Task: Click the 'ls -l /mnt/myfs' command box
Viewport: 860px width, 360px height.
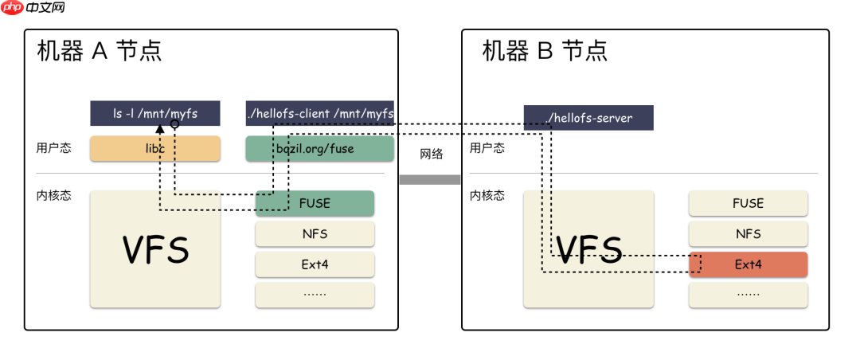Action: (154, 114)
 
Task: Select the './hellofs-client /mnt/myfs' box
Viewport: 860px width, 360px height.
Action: (320, 114)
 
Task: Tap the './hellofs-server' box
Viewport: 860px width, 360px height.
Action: (588, 118)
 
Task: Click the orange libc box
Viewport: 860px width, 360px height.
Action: (154, 148)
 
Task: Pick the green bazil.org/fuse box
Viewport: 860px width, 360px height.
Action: (320, 148)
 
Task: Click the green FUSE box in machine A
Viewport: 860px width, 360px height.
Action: (315, 203)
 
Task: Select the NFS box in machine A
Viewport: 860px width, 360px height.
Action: (315, 234)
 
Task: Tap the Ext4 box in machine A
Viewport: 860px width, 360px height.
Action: (315, 264)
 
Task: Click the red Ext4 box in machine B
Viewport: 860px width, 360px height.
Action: (748, 264)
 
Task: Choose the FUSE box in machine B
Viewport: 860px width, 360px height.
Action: (748, 203)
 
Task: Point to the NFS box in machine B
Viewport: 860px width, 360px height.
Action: (748, 234)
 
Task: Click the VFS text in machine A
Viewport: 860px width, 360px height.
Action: (155, 250)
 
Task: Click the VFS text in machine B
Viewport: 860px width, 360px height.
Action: (588, 250)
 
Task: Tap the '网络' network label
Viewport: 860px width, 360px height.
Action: (431, 155)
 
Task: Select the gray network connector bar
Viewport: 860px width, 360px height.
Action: (430, 179)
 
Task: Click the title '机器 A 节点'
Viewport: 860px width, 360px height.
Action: (100, 52)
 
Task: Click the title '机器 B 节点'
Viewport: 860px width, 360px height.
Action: (545, 52)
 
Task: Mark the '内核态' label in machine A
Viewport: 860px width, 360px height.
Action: (53, 195)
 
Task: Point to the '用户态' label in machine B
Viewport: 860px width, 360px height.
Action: (487, 147)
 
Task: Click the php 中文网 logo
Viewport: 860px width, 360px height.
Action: (33, 9)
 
